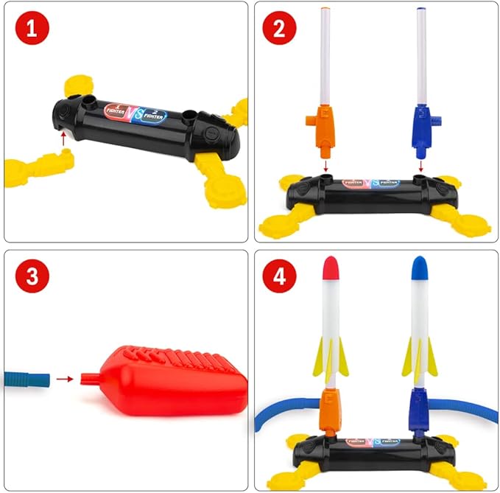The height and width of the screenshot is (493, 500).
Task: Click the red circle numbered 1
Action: (x=29, y=28)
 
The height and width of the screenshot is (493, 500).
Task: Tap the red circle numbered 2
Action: (x=279, y=28)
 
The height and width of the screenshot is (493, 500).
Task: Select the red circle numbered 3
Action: (x=29, y=277)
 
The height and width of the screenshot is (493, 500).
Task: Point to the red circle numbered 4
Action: (x=279, y=277)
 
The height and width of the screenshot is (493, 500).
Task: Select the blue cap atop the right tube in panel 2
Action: (x=421, y=10)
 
